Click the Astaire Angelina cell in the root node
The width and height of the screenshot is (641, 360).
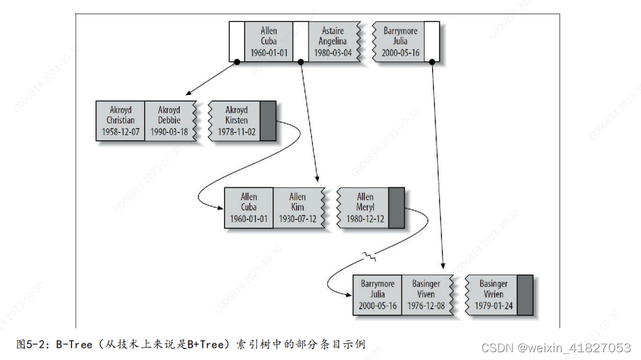coord(332,42)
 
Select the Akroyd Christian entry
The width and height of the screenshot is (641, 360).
coord(120,121)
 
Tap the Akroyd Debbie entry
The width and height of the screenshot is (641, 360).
coord(169,121)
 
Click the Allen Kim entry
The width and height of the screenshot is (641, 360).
coord(298,207)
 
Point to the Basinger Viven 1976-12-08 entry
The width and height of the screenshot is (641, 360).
coord(426,295)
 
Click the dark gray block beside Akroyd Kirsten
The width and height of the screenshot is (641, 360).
coord(268,121)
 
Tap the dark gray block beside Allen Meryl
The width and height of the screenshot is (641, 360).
coord(396,207)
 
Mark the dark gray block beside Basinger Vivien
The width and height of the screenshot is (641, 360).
coord(525,295)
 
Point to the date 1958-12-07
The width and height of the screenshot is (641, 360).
coord(120,132)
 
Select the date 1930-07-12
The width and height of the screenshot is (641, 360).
coord(298,218)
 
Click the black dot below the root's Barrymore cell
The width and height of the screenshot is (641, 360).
coord(431,62)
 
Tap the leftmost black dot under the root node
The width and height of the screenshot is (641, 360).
coord(237,62)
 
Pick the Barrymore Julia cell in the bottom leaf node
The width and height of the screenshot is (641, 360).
coord(378,295)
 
